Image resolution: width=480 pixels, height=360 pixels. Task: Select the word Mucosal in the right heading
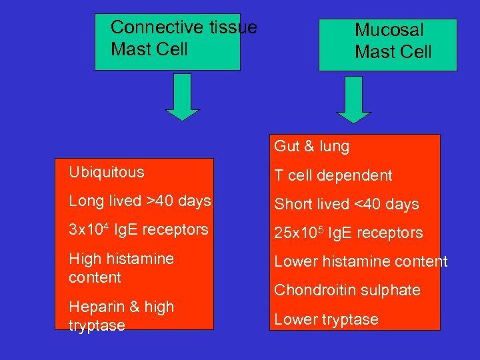[x=389, y=30]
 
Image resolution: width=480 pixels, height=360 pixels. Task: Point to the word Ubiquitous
[x=106, y=172]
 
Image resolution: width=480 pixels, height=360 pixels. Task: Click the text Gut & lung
[x=311, y=146]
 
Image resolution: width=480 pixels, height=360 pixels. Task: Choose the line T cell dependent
[x=333, y=175]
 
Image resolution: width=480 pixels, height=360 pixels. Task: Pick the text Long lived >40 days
[x=140, y=201]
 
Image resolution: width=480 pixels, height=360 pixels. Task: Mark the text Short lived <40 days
[x=347, y=204]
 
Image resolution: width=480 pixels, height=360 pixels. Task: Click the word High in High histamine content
[x=83, y=259]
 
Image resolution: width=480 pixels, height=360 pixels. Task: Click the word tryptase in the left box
[x=97, y=325]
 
